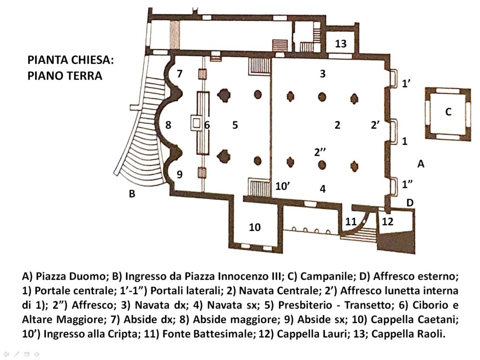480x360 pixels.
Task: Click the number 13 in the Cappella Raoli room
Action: coord(340,44)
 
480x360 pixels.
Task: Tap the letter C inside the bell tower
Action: coord(448,112)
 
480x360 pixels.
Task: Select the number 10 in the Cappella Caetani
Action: coord(255,227)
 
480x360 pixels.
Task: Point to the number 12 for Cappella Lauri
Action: coord(387,221)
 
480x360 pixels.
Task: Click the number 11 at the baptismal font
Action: coord(351,221)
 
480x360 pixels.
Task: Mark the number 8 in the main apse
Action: coord(168,125)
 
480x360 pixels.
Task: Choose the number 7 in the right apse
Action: coord(180,74)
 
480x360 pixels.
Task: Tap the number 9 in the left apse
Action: coord(180,174)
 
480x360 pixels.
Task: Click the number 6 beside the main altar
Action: coord(207,125)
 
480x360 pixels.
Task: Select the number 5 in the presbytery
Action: coord(235,125)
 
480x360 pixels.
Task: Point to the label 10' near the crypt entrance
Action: coord(283,186)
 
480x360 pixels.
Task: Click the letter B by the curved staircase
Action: coord(132,194)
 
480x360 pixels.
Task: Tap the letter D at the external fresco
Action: coord(410,202)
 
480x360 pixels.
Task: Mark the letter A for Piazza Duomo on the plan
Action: coord(421,164)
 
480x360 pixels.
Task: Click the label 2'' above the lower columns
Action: coord(320,152)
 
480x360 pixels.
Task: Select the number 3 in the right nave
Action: coord(322,74)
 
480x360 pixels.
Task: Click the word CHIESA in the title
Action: coord(91,60)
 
